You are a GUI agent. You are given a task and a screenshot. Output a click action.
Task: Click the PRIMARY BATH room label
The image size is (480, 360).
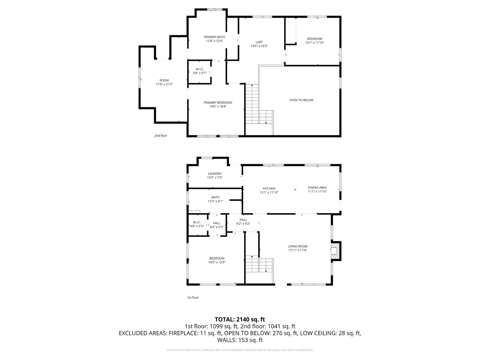coord(214,37)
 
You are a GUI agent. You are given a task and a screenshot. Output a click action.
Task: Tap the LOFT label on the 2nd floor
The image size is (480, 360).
coord(259,42)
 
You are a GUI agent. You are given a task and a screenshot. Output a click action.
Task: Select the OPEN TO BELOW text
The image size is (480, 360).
coord(301,100)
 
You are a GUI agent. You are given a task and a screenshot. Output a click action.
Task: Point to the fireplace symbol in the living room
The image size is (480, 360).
coord(335,251)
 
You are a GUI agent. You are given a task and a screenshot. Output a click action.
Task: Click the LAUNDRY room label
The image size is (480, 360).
coord(214,174)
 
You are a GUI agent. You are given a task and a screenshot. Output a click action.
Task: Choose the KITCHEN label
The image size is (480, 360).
coord(269,188)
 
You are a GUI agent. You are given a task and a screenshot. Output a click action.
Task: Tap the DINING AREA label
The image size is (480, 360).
coord(317,188)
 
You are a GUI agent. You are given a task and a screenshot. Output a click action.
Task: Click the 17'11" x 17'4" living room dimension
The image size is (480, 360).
coord(297,251)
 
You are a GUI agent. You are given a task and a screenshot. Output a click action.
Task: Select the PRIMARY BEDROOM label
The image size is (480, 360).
coord(218,103)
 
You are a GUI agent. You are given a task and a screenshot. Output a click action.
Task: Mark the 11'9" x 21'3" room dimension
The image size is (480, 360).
coord(164,84)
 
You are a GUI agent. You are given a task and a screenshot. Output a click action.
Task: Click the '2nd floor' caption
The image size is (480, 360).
coord(161,136)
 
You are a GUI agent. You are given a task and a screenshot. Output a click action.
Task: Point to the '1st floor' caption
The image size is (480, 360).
coord(193,298)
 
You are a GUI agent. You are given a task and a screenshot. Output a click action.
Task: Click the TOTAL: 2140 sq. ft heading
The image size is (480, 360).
coord(240,319)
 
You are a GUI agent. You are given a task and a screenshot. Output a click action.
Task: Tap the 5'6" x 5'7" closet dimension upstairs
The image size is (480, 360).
coord(200,73)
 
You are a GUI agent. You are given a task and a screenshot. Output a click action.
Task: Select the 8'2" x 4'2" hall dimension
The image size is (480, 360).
coord(243,224)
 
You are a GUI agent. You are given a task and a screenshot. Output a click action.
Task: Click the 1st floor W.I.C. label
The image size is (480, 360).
coord(197,222)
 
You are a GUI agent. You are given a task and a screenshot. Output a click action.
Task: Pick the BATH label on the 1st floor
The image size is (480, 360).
coord(215,197)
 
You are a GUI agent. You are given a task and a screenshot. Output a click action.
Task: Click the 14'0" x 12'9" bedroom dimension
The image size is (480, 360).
coord(217,262)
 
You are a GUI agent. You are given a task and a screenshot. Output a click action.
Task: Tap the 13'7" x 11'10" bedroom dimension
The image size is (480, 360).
coord(314,43)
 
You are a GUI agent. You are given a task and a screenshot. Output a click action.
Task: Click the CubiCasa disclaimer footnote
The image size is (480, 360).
coord(240,350)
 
